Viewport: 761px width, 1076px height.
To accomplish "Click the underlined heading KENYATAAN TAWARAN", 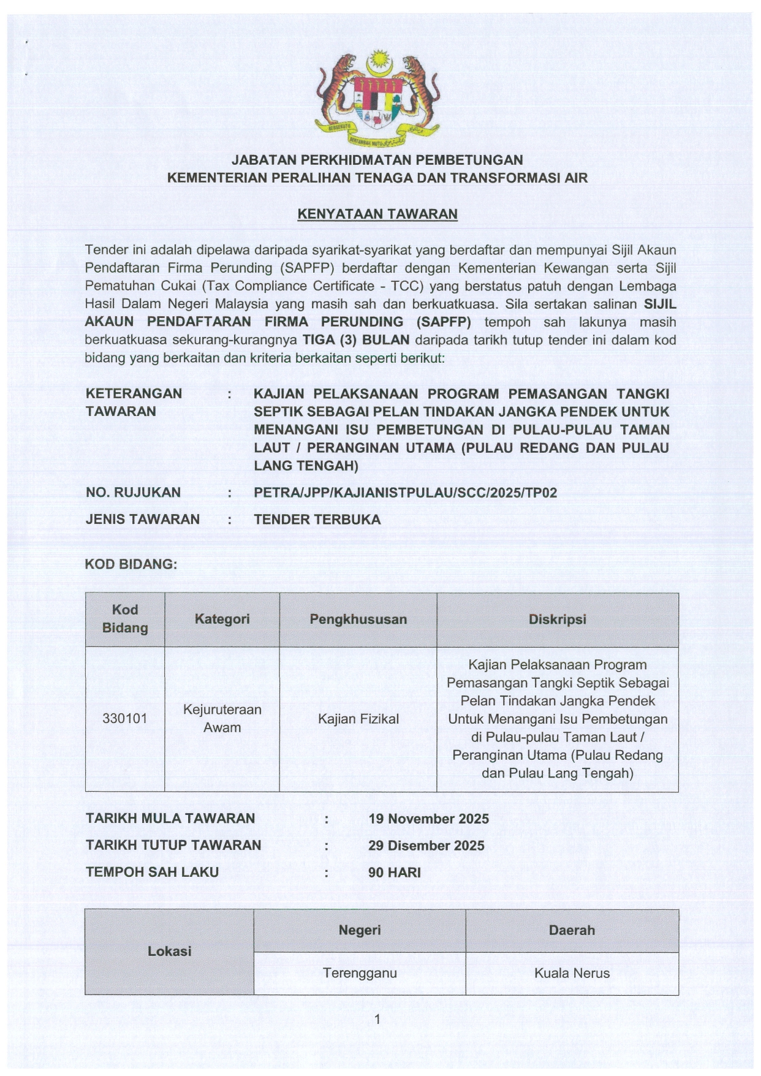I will (377, 214).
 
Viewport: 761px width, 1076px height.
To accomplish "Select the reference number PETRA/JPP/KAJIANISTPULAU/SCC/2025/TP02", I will (405, 493).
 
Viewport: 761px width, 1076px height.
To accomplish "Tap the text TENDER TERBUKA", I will (317, 520).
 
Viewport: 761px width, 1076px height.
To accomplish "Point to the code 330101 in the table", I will (125, 718).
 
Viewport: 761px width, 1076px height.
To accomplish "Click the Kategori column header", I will (222, 619).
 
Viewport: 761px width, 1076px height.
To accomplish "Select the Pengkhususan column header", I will (358, 619).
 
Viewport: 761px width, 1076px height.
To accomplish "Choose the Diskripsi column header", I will (557, 619).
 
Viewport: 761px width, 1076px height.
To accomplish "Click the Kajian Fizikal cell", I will (358, 719).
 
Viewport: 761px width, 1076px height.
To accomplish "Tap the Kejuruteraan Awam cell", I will (222, 718).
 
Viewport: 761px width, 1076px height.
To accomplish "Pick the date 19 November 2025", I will (428, 819).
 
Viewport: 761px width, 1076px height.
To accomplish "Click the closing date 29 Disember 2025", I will (426, 846).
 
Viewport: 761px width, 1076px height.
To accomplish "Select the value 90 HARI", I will (394, 873).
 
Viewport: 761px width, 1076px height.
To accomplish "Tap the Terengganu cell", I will (360, 973).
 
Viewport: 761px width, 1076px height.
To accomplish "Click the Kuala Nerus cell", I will (572, 973).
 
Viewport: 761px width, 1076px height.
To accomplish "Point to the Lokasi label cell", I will (169, 951).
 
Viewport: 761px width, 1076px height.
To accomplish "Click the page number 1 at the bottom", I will (377, 1019).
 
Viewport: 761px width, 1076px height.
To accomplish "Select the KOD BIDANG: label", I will (131, 564).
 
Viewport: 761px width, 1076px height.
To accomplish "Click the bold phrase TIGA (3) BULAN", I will (356, 340).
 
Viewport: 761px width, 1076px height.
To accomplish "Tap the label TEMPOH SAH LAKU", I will (152, 872).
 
